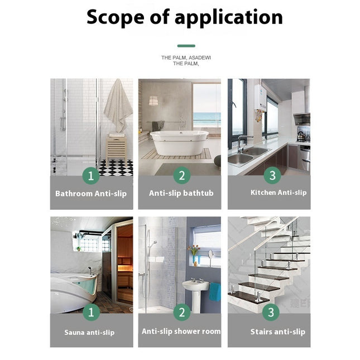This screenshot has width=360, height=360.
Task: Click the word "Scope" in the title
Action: [114, 17]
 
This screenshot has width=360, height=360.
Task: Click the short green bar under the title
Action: [186, 46]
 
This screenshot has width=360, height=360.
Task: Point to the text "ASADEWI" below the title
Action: [200, 57]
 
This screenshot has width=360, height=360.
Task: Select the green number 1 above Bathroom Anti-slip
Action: [91, 176]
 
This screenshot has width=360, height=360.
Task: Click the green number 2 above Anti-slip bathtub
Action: [181, 176]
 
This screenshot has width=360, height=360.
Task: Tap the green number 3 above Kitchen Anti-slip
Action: [272, 176]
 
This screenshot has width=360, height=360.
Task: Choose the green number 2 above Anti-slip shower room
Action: [181, 313]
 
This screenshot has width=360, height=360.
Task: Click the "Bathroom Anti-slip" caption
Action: [91, 194]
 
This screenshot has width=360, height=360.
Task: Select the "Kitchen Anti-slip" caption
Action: [279, 193]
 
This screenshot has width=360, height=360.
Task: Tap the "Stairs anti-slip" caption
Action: [277, 332]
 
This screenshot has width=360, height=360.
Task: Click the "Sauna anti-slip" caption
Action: [89, 333]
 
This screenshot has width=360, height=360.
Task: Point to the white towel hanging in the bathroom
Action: [118, 106]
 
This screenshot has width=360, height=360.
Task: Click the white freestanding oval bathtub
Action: [180, 143]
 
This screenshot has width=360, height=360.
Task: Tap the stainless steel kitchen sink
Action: [248, 156]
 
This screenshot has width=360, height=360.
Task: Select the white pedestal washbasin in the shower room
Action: [195, 290]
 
